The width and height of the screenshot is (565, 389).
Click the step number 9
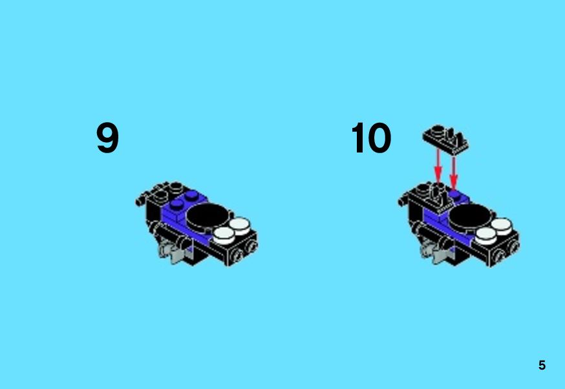(107, 137)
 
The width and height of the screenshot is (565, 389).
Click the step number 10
(371, 137)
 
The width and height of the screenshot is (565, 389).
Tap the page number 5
(542, 365)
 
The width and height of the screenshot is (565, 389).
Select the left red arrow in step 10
(438, 166)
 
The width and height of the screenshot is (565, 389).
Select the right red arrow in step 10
(453, 171)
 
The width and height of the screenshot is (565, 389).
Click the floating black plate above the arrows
(445, 140)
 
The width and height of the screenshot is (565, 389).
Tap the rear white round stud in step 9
(240, 226)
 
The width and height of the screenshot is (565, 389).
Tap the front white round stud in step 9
(224, 235)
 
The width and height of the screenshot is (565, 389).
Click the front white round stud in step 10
(485, 236)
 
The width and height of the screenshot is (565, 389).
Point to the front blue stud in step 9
(176, 205)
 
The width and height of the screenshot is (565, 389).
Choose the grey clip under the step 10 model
(435, 251)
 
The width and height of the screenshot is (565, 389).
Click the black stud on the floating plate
(438, 131)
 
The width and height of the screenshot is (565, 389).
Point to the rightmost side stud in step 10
(513, 247)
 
